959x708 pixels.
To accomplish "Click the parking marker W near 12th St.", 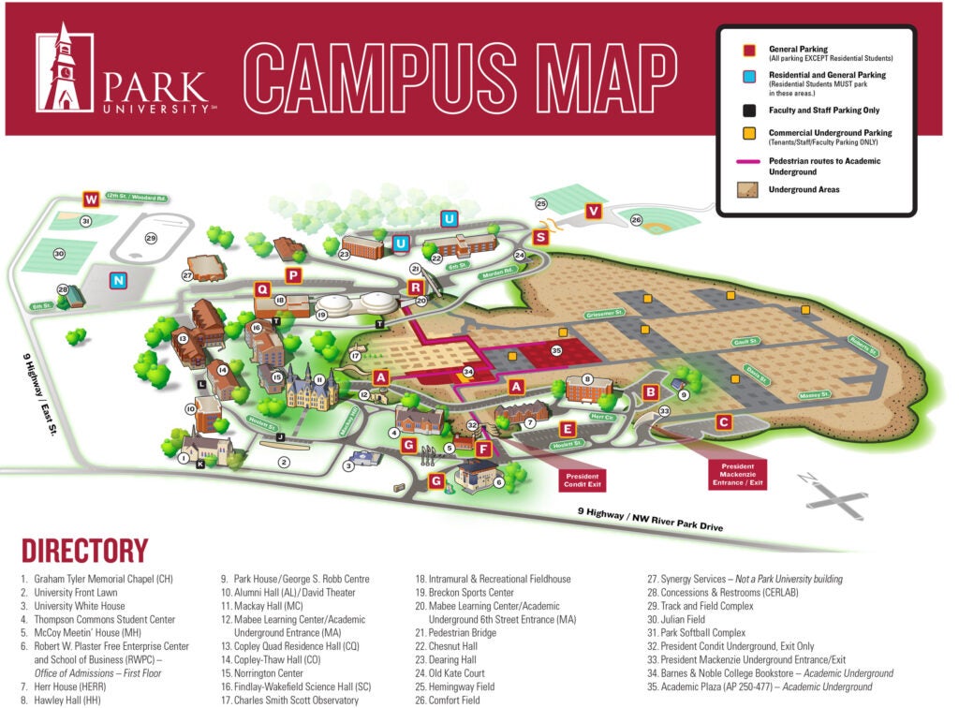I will [x=91, y=199].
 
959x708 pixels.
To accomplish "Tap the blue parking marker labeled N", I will [x=118, y=279].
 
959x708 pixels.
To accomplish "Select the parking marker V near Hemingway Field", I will [x=593, y=211].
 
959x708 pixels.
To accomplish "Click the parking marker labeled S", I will [x=540, y=238].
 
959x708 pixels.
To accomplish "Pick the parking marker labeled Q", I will [x=262, y=289].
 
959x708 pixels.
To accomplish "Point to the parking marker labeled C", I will [x=723, y=422].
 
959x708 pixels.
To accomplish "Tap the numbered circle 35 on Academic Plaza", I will [x=555, y=350].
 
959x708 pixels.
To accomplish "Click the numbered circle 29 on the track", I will [x=151, y=239].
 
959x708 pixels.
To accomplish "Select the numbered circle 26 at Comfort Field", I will [x=636, y=220].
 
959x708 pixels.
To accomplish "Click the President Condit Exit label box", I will [x=582, y=480].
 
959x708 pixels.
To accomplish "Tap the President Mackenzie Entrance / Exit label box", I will [x=737, y=474].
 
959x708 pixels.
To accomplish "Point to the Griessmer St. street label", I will [x=606, y=315].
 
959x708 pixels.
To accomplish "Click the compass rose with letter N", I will [x=835, y=495].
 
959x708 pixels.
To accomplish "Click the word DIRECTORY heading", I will [x=84, y=551].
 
